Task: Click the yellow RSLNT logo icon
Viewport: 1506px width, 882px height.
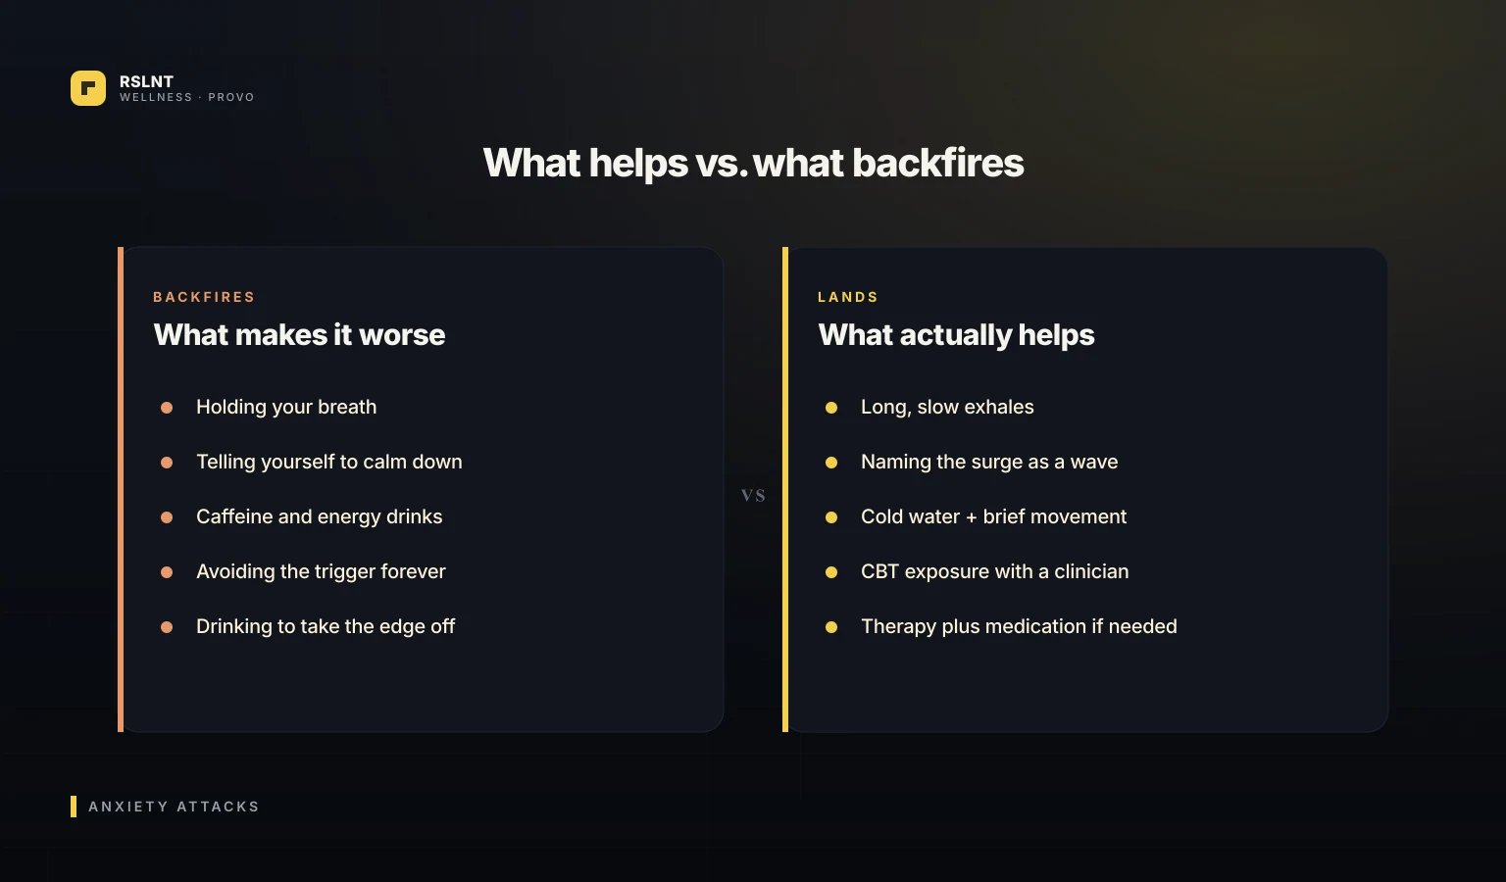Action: [x=88, y=88]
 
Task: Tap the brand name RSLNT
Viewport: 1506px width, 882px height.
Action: [x=146, y=81]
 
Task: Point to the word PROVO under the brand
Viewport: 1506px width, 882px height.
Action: [x=231, y=97]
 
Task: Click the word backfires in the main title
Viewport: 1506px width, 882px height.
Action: [x=938, y=163]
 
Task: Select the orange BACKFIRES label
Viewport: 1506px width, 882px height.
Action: [x=204, y=297]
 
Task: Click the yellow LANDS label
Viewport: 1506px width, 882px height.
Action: [x=848, y=297]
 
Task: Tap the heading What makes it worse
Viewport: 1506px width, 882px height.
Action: [x=299, y=335]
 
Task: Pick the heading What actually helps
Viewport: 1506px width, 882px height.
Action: [x=956, y=335]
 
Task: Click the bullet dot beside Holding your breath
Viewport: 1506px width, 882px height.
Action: [x=167, y=408]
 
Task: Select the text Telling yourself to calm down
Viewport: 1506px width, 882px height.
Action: [x=329, y=462]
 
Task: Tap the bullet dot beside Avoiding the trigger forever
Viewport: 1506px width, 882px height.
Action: [x=167, y=572]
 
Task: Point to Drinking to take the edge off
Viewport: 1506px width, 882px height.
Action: [x=326, y=626]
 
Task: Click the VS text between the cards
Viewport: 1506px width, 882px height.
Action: [x=753, y=496]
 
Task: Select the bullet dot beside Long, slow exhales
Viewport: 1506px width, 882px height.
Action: [x=831, y=408]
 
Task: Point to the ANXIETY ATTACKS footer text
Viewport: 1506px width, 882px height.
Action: [x=174, y=807]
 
